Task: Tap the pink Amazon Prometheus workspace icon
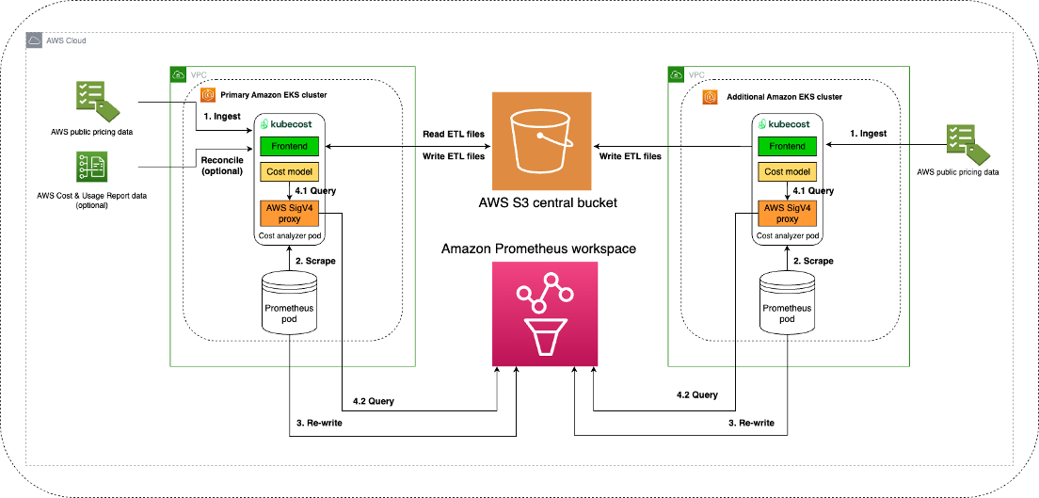pyautogui.click(x=544, y=313)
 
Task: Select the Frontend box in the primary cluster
pyautogui.click(x=290, y=147)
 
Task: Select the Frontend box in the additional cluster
pyautogui.click(x=788, y=147)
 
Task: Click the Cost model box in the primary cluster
pyautogui.click(x=290, y=171)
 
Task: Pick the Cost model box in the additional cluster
pyautogui.click(x=788, y=171)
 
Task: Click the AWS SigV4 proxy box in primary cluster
pyautogui.click(x=290, y=213)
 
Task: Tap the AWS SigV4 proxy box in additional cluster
pyautogui.click(x=788, y=213)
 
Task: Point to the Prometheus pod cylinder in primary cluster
pyautogui.click(x=290, y=300)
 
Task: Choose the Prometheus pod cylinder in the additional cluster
pyautogui.click(x=787, y=300)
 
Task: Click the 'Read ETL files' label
pyautogui.click(x=453, y=135)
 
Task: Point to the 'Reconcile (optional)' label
pyautogui.click(x=221, y=166)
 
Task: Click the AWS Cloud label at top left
pyautogui.click(x=66, y=41)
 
